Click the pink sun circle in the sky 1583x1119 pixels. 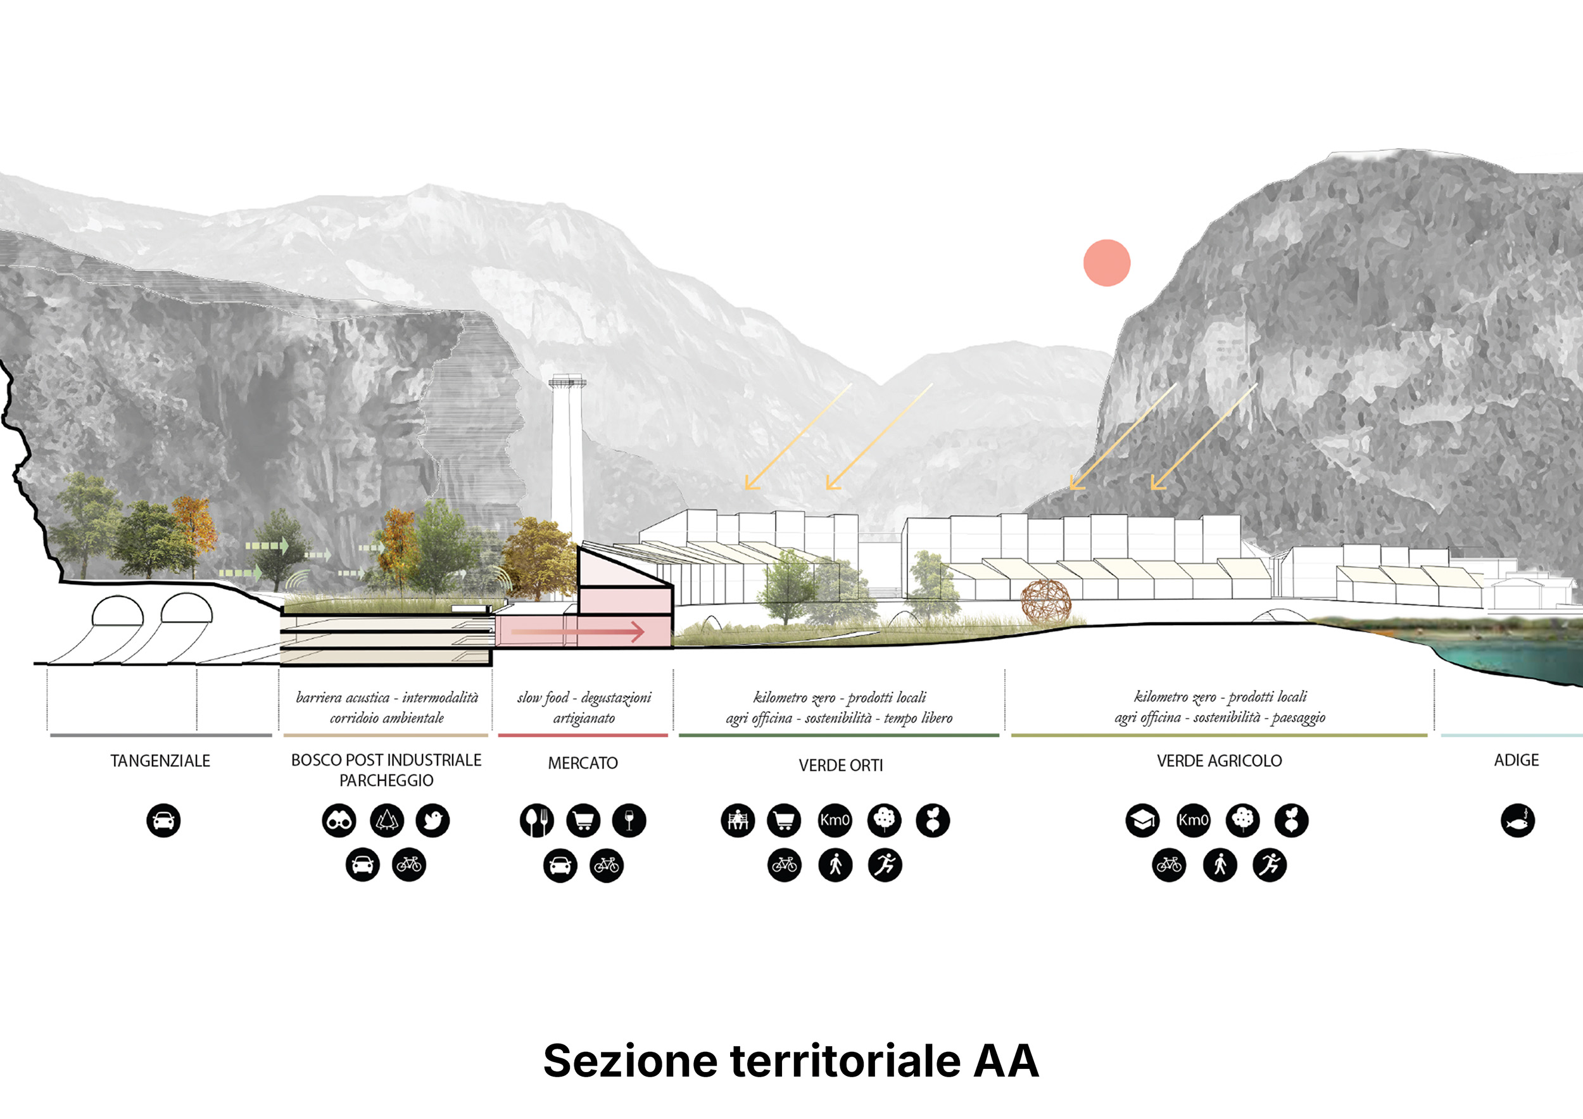pos(1107,263)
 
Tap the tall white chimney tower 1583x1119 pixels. pos(567,458)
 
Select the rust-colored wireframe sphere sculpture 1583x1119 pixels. pos(1046,604)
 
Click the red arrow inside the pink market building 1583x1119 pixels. pos(577,631)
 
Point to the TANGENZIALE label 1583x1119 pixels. pos(161,761)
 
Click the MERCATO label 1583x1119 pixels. pos(583,763)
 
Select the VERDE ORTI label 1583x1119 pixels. pos(840,765)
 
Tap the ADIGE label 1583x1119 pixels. pos(1516,760)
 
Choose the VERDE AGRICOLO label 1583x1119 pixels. pos(1219,761)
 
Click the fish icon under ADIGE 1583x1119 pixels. pos(1518,821)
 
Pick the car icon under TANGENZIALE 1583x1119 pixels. pos(163,821)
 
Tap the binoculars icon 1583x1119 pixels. pos(339,821)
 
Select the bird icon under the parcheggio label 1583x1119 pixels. pos(433,821)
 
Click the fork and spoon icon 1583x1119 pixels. pos(537,821)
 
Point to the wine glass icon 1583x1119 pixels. pos(629,821)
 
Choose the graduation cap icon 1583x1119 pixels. pos(1142,821)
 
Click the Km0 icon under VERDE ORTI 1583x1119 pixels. pos(835,821)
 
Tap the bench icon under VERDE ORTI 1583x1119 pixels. pos(738,821)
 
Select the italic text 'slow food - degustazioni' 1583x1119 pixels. pos(584,698)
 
